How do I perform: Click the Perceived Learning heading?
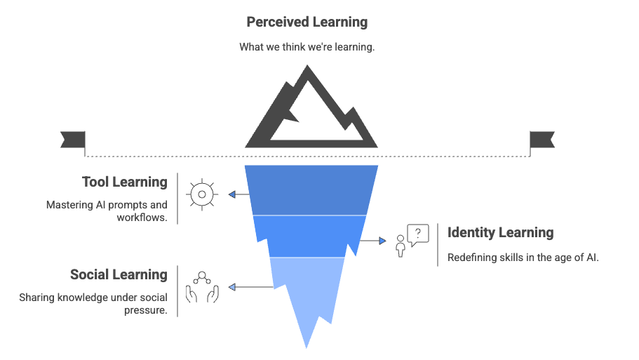point(307,22)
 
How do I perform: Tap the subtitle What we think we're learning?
point(307,48)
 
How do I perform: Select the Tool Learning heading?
point(124,182)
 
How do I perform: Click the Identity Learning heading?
point(500,233)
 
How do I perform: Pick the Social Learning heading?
point(119,275)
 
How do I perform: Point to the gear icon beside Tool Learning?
point(202,194)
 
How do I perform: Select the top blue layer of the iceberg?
point(311,189)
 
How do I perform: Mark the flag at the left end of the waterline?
point(73,140)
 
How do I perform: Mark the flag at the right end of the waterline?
point(541,140)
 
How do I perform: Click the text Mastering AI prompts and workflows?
point(107,211)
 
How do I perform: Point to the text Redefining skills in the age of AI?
point(523,258)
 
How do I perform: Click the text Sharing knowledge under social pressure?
point(93,304)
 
